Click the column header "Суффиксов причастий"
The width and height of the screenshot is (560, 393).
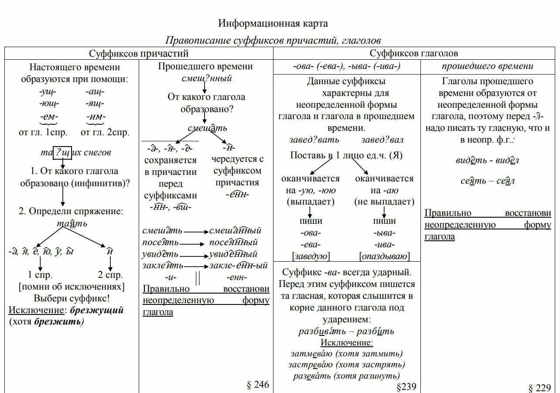(139, 54)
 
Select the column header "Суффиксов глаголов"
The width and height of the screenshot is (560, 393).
(414, 54)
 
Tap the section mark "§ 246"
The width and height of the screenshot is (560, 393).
(258, 384)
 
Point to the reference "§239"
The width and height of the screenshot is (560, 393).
(406, 386)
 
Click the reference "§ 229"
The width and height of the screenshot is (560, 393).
(540, 388)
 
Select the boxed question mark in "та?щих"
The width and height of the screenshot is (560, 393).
(59, 152)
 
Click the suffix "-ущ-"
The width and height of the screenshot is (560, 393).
(48, 92)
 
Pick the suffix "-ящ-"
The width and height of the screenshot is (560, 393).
(95, 104)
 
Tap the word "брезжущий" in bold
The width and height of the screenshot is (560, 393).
(97, 310)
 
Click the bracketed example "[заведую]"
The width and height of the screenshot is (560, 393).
(311, 256)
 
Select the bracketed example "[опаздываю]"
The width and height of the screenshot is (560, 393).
(384, 256)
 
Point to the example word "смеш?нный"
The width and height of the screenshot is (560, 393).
(207, 79)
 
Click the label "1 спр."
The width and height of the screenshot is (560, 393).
(40, 275)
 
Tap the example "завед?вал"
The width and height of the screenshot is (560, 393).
(382, 140)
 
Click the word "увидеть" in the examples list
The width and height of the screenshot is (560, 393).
(160, 254)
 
